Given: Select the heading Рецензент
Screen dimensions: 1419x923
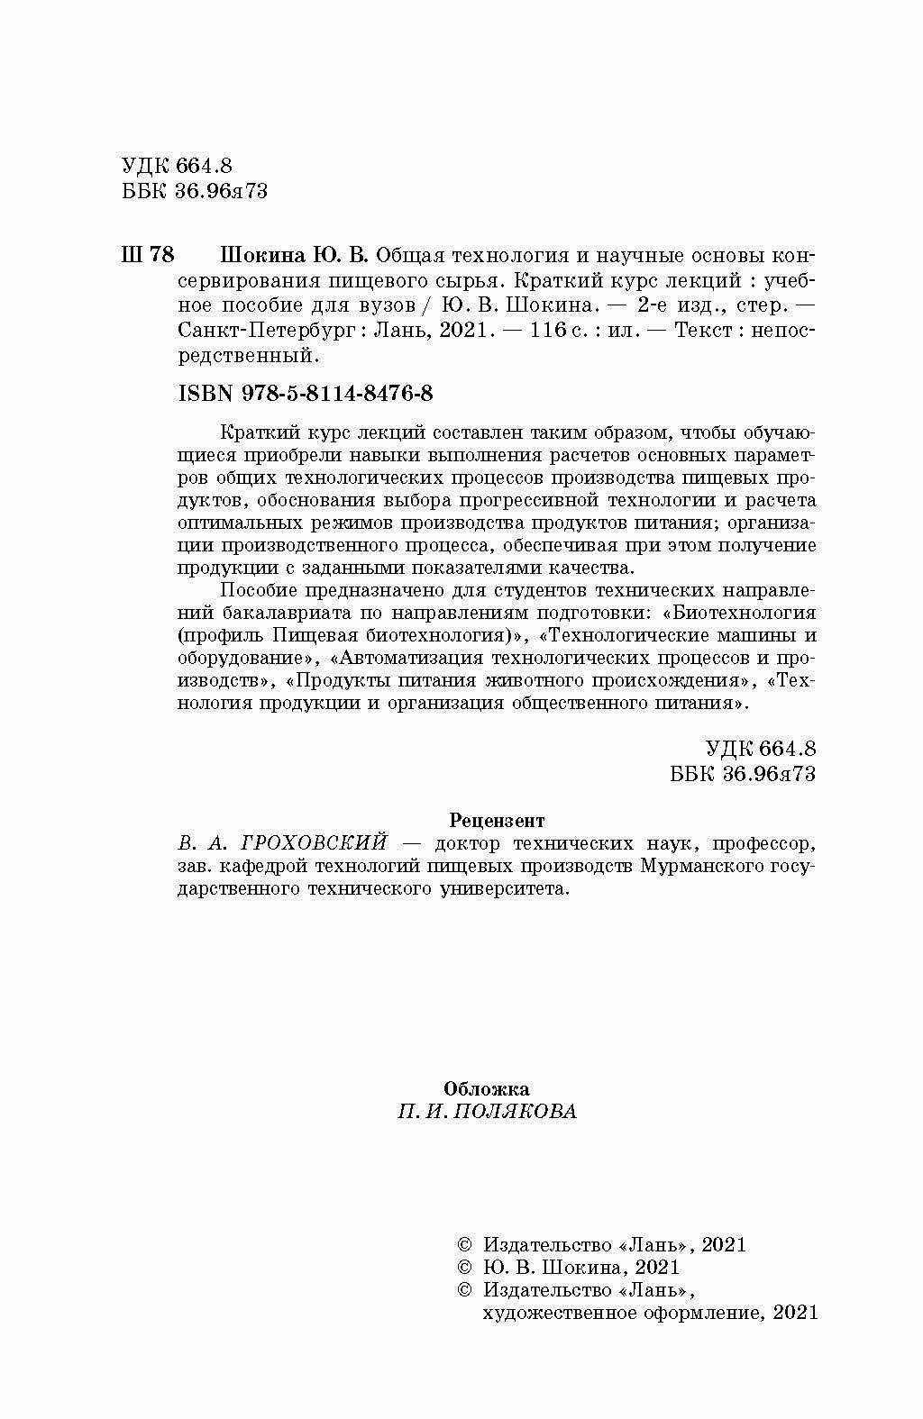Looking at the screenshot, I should pos(496,821).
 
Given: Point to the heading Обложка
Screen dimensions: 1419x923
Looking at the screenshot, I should pos(488,1089).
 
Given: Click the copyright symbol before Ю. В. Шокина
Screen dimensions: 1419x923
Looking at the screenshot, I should pos(465,1268).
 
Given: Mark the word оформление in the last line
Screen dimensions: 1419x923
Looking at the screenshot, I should pos(700,1312).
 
